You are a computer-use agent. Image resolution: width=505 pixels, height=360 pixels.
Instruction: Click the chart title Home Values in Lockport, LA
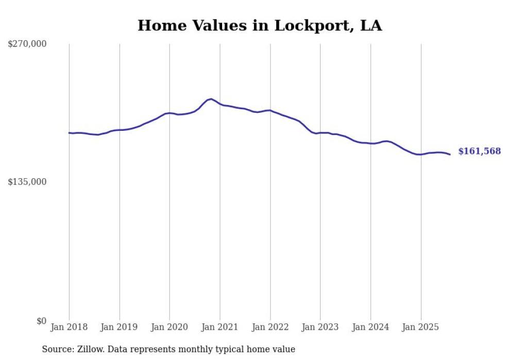click(x=260, y=26)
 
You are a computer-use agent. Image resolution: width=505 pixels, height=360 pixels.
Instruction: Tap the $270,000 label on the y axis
click(x=27, y=44)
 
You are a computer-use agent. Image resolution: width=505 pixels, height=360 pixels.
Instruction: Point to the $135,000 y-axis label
click(x=27, y=182)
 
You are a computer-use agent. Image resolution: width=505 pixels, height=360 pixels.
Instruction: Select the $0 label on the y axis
click(x=41, y=321)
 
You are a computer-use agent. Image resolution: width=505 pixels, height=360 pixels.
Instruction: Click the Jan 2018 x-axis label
click(x=69, y=327)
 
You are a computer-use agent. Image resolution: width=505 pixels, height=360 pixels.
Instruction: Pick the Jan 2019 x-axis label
click(x=120, y=327)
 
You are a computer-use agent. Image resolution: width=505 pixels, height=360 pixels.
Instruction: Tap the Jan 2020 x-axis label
click(x=170, y=327)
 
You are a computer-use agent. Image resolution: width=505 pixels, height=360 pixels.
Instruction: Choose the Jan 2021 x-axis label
click(x=220, y=327)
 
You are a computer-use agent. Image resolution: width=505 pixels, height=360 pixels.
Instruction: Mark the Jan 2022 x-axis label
click(x=270, y=327)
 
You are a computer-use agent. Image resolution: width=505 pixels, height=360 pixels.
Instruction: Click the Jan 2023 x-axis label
click(x=321, y=327)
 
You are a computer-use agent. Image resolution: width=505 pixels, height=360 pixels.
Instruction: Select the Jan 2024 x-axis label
click(x=371, y=327)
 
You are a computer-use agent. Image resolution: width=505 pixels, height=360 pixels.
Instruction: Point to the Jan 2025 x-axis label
click(x=421, y=327)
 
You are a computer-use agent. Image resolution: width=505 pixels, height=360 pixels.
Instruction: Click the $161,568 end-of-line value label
click(x=479, y=151)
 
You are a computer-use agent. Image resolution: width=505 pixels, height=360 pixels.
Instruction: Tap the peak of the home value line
click(x=211, y=99)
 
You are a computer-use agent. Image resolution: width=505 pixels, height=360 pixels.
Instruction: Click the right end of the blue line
click(x=450, y=155)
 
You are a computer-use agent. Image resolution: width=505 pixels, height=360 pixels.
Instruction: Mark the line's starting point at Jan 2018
click(x=69, y=133)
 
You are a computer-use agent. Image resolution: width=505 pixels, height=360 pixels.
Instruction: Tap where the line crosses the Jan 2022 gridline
click(x=270, y=110)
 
